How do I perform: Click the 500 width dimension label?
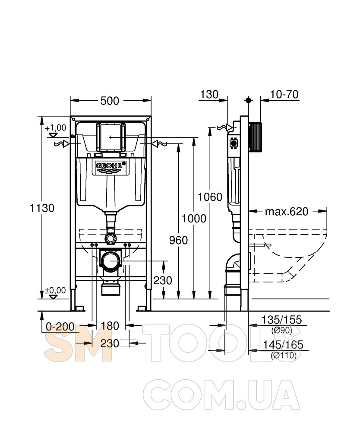(110, 101)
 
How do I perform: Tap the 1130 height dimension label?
(42, 208)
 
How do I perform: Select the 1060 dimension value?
(210, 197)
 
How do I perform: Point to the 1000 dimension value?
(194, 219)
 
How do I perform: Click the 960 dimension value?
(178, 240)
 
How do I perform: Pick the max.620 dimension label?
(287, 212)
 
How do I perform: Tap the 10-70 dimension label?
(284, 95)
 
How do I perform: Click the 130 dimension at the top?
(209, 95)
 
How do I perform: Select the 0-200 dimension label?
(60, 327)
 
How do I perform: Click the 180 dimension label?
(110, 326)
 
